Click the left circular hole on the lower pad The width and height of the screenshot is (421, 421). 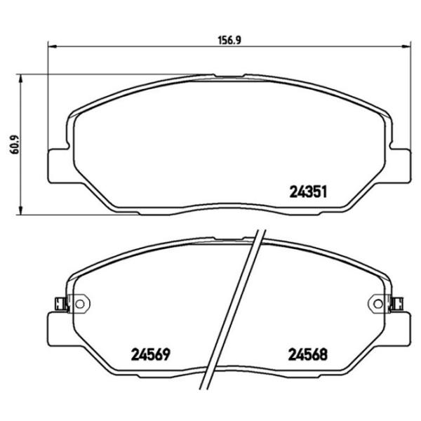pos(79,304)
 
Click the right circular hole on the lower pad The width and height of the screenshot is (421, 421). pos(372,304)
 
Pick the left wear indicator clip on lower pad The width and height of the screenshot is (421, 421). pos(60,304)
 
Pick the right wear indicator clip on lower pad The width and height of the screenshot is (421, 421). pos(396,304)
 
